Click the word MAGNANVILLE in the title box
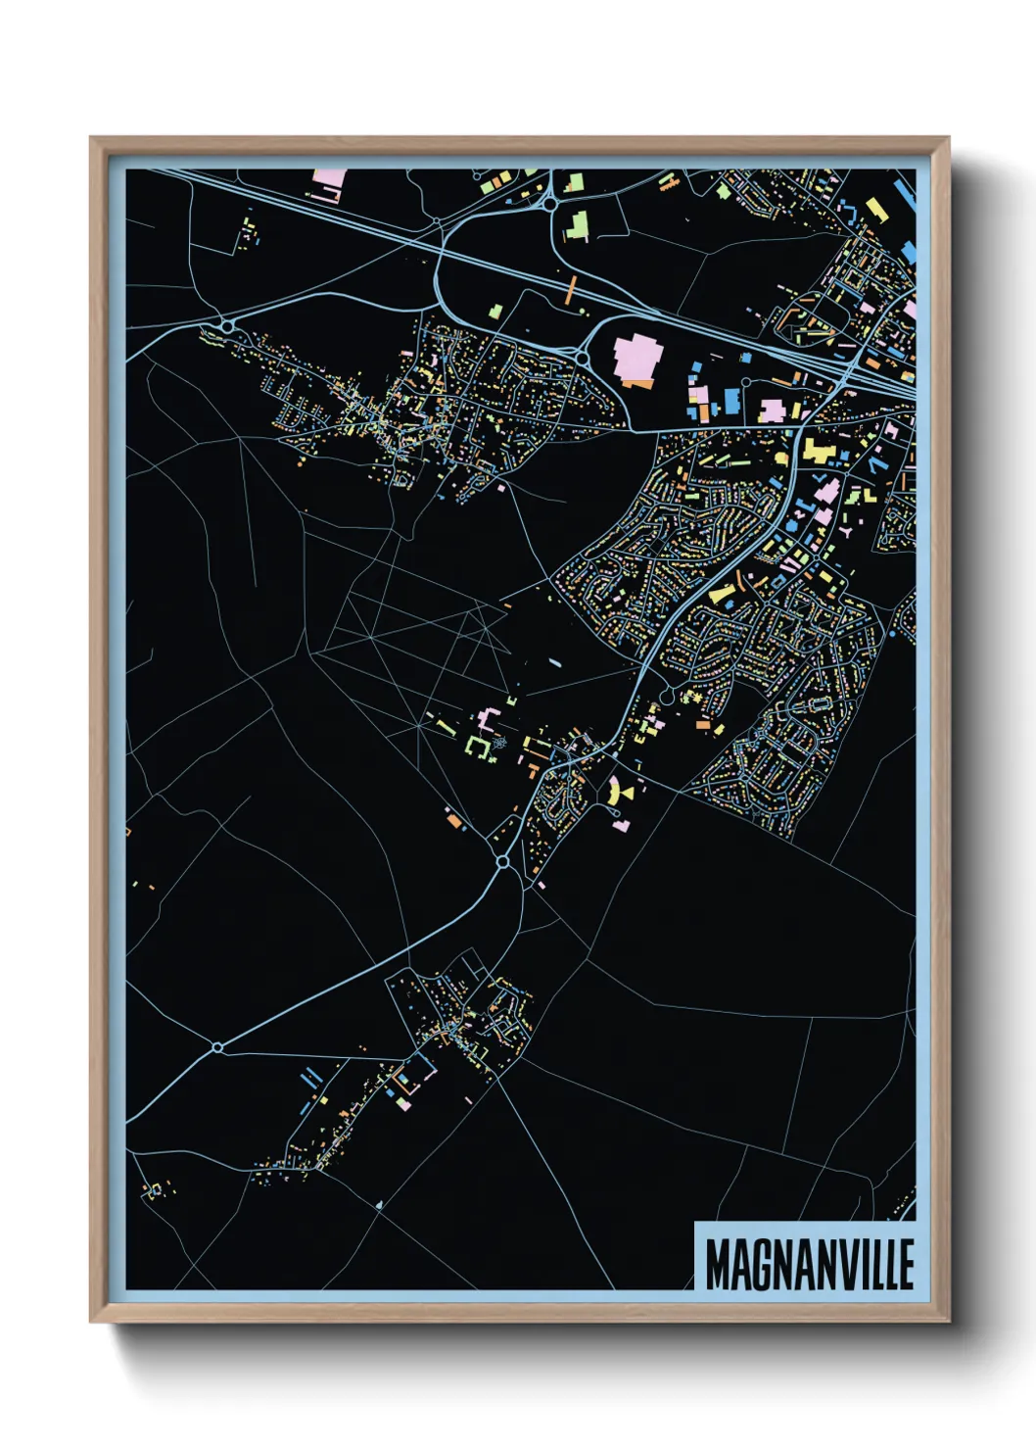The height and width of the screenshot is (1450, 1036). pyautogui.click(x=810, y=1265)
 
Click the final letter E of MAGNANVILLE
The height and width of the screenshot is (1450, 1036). pyautogui.click(x=906, y=1265)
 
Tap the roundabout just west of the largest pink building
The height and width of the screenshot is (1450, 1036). pyautogui.click(x=584, y=360)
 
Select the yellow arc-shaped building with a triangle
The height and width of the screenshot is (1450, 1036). pyautogui.click(x=617, y=792)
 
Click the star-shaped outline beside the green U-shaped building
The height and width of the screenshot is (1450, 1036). pyautogui.click(x=499, y=745)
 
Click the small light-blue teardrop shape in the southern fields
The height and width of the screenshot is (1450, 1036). pyautogui.click(x=379, y=1203)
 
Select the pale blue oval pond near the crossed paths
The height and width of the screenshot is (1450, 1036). pyautogui.click(x=555, y=662)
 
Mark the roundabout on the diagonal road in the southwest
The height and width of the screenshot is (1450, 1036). pyautogui.click(x=217, y=1047)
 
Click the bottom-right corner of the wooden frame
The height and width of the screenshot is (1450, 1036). pyautogui.click(x=947, y=1321)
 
